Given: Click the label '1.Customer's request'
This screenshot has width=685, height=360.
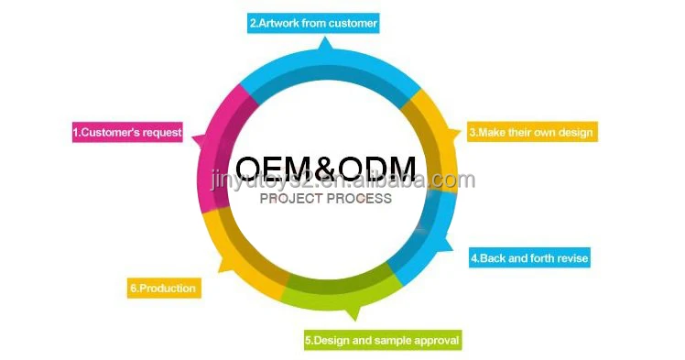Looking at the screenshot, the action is [x=127, y=133].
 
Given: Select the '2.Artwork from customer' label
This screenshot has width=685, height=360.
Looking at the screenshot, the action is [x=313, y=23].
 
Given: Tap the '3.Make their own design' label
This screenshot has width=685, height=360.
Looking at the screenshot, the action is [x=532, y=132].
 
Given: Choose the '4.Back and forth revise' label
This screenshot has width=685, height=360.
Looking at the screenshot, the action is [x=529, y=258].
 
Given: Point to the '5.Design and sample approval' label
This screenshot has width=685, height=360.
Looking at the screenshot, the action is [x=382, y=341].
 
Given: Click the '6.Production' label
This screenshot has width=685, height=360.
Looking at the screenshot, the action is [x=163, y=289].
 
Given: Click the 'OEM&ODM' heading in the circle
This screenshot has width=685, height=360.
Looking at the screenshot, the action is [x=325, y=169].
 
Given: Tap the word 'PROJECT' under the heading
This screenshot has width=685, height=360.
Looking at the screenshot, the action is [x=291, y=199].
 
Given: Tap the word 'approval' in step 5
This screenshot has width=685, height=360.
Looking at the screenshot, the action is [x=434, y=341].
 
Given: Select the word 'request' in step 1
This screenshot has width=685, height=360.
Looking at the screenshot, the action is [x=161, y=133].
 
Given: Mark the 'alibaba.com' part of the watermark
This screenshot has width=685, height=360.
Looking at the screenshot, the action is [x=430, y=180].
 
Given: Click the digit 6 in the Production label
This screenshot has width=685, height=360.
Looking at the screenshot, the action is [x=134, y=289].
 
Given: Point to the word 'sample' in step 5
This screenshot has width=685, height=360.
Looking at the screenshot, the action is [x=391, y=341].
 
